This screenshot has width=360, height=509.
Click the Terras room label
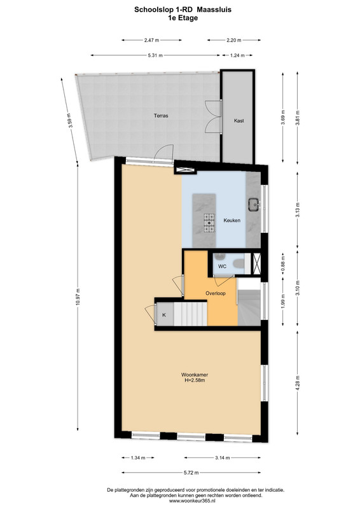pyautogui.click(x=161, y=115)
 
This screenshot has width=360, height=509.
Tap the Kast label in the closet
pyautogui.click(x=239, y=120)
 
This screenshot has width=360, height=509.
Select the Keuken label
pyautogui.click(x=232, y=220)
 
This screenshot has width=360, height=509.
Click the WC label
pyautogui.click(x=222, y=267)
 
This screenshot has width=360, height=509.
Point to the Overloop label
pyautogui.click(x=216, y=293)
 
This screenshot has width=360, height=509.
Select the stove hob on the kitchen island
pyautogui.click(x=209, y=223)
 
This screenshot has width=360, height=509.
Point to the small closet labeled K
pyautogui.click(x=164, y=314)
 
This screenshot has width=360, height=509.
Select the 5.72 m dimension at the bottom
pyautogui.click(x=191, y=473)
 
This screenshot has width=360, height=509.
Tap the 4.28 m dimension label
pyautogui.click(x=298, y=384)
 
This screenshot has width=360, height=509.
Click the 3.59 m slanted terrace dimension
pyautogui.click(x=69, y=121)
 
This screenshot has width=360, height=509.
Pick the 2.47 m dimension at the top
pyautogui.click(x=151, y=40)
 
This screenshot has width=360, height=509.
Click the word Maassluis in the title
pyautogui.click(x=215, y=10)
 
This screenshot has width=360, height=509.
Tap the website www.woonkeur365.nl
pyautogui.click(x=195, y=501)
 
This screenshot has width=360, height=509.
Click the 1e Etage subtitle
pyautogui.click(x=183, y=18)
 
